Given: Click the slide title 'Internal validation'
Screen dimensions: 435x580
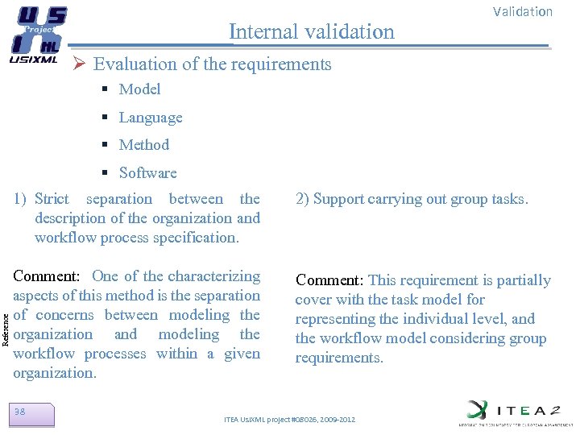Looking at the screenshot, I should pyautogui.click(x=312, y=31).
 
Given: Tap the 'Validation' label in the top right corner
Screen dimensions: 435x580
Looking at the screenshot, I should pyautogui.click(x=522, y=11).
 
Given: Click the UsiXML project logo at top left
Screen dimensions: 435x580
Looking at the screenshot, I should pyautogui.click(x=37, y=35).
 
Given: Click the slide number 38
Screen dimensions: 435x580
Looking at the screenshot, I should pyautogui.click(x=20, y=412).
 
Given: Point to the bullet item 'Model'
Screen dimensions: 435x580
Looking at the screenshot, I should pyautogui.click(x=139, y=89).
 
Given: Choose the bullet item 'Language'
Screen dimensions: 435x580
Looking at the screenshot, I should pyautogui.click(x=150, y=118).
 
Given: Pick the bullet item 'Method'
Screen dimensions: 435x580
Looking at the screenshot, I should pyautogui.click(x=143, y=145).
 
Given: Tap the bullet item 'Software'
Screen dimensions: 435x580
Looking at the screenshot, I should pyautogui.click(x=147, y=173).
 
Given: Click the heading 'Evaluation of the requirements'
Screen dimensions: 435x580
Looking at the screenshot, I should pyautogui.click(x=212, y=64).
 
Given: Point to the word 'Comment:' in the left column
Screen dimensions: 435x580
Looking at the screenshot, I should pyautogui.click(x=46, y=276).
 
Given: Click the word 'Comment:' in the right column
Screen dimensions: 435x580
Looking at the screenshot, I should pyautogui.click(x=329, y=280).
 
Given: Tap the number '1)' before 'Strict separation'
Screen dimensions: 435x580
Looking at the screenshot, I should pyautogui.click(x=20, y=199).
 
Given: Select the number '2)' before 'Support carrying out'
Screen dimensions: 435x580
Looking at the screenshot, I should pyautogui.click(x=302, y=199).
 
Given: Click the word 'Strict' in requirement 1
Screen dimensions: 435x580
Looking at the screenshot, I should pyautogui.click(x=52, y=199).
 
